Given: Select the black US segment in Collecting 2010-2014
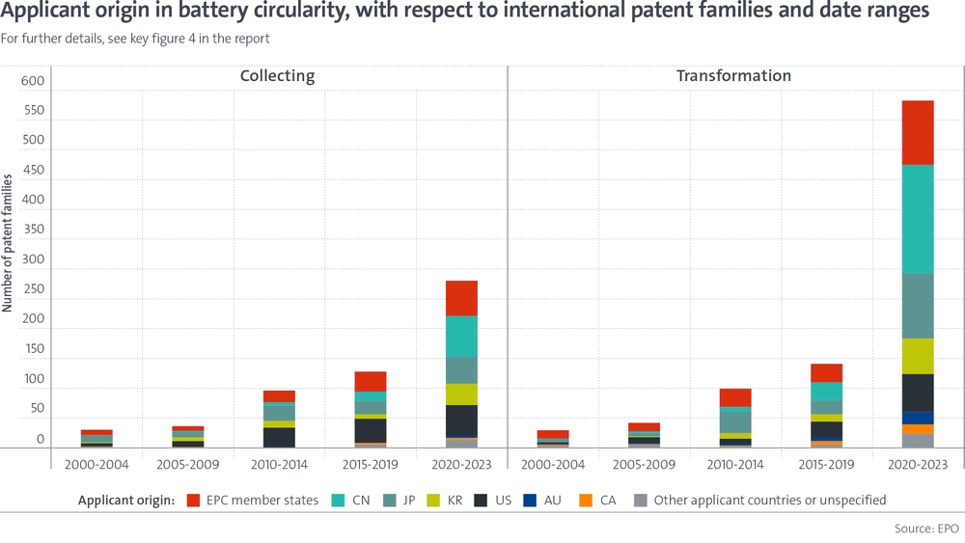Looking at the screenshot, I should tap(279, 437).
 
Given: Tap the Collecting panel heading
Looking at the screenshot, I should tap(278, 76).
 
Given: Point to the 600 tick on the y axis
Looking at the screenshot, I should tap(33, 82).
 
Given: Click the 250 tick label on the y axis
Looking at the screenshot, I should tap(33, 289).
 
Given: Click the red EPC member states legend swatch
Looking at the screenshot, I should tap(193, 501).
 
